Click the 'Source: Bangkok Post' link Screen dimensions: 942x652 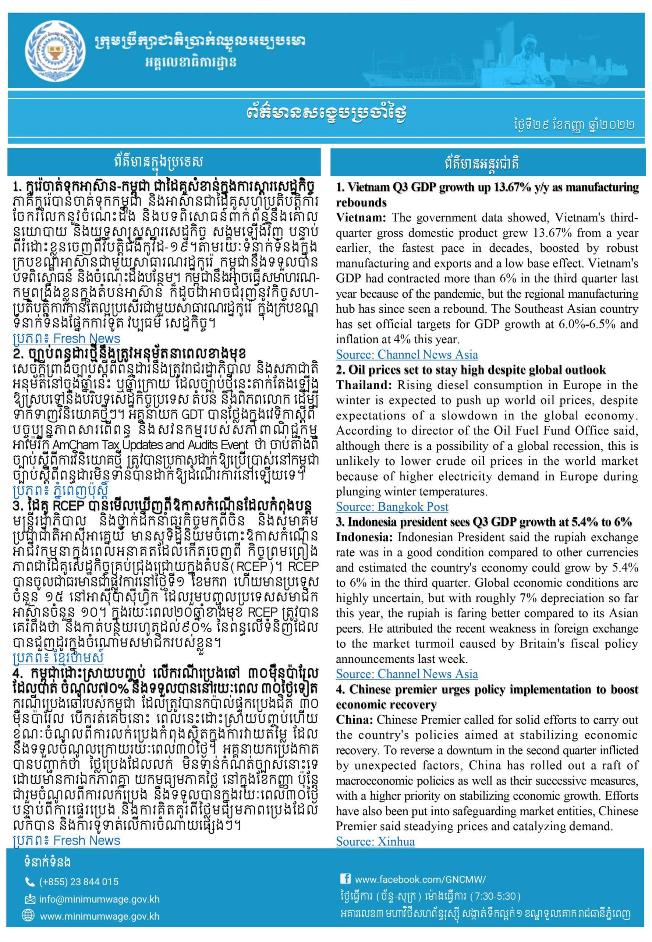click(x=392, y=507)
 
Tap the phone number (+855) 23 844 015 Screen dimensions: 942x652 click(x=78, y=882)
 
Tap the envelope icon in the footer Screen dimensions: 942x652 click(x=30, y=900)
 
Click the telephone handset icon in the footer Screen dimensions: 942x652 click(x=30, y=882)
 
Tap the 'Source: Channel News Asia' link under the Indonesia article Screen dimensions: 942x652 click(x=407, y=674)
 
